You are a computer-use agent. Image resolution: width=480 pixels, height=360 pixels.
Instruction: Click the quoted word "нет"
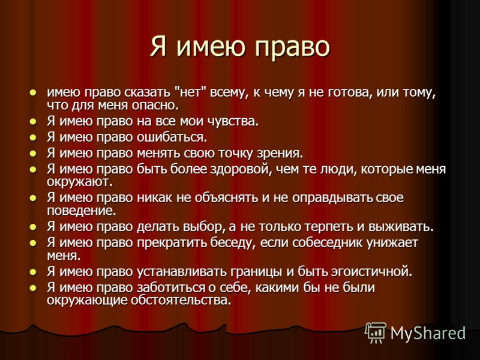(x=190, y=92)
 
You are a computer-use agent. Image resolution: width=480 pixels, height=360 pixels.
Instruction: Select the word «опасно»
(x=155, y=105)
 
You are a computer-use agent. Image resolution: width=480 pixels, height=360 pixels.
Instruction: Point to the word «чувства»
(x=233, y=121)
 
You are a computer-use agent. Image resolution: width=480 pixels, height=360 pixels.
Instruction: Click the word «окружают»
(x=80, y=182)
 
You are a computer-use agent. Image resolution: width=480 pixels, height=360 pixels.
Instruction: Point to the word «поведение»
(x=82, y=211)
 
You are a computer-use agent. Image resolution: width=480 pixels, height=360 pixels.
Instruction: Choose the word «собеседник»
(x=327, y=243)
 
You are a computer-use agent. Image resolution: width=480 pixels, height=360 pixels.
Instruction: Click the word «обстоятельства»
(x=181, y=301)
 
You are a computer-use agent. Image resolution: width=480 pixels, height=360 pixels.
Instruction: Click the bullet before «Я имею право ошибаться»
(x=33, y=138)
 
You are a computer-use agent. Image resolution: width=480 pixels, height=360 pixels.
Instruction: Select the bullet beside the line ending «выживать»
(x=33, y=227)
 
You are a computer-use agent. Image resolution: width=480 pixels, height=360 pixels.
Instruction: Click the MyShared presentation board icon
(x=376, y=333)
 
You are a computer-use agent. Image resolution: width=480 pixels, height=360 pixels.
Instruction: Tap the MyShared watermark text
(x=428, y=333)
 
